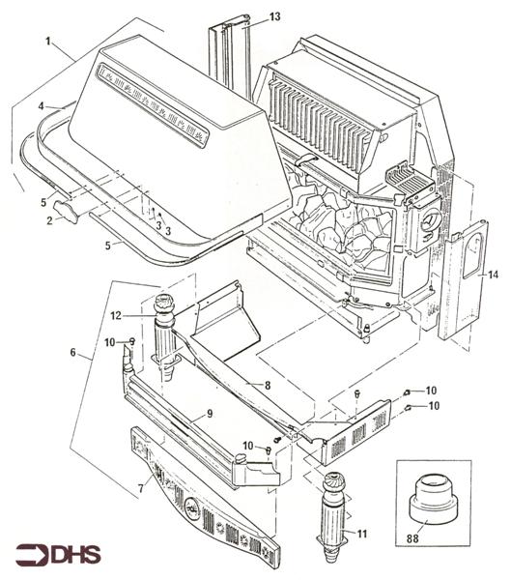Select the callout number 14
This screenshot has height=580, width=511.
coord(495,275)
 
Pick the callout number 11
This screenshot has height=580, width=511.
coord(363,533)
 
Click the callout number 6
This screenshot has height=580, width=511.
coord(72,354)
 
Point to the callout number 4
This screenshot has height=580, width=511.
coord(42,105)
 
